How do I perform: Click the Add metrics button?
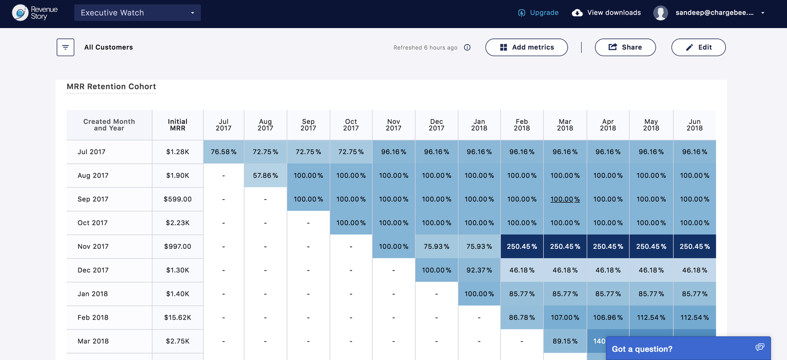click(x=526, y=47)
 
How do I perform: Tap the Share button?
click(x=625, y=47)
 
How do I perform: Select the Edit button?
click(x=698, y=47)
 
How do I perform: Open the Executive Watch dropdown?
click(x=137, y=13)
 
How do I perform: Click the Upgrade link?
click(x=539, y=13)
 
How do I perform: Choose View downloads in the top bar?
click(x=606, y=13)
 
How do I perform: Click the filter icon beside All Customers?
click(x=65, y=47)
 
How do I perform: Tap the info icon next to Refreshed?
click(x=467, y=47)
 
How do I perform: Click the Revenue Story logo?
click(x=35, y=13)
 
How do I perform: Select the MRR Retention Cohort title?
click(x=111, y=87)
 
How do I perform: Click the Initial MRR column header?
click(x=178, y=125)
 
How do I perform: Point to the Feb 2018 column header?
click(x=522, y=125)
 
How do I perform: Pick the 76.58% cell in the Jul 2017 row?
click(x=223, y=152)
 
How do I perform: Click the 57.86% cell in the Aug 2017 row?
click(x=265, y=176)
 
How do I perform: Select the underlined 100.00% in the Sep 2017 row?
click(x=565, y=199)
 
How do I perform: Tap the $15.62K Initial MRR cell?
click(x=178, y=318)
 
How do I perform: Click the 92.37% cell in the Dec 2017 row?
click(x=479, y=270)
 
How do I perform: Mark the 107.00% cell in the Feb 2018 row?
click(x=565, y=318)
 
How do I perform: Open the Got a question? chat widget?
click(x=688, y=349)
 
